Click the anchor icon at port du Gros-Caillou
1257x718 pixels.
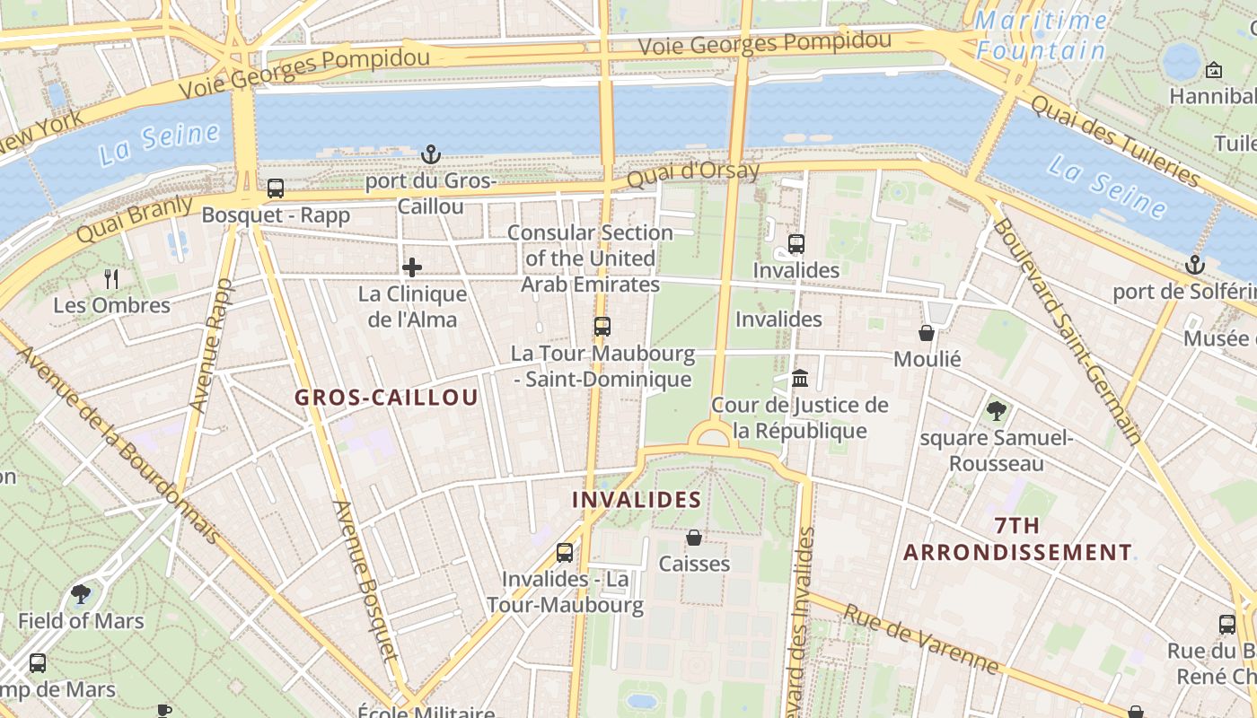(x=431, y=154)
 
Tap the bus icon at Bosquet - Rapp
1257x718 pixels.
(x=276, y=188)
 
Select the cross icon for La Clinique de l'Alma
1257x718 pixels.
(x=412, y=267)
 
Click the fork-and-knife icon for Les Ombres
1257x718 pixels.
(x=111, y=278)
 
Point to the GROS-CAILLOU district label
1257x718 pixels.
(x=386, y=398)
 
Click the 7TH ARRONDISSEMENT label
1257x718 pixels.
(x=1017, y=539)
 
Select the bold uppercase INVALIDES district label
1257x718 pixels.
(x=637, y=500)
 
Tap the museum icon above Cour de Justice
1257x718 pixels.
(x=800, y=378)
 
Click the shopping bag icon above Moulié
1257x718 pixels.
(x=927, y=333)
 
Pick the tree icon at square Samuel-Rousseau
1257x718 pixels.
(x=996, y=411)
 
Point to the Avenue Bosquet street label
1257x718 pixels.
(x=365, y=592)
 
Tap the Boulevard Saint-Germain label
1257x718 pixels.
(x=1066, y=332)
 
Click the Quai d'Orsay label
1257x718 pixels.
(x=692, y=173)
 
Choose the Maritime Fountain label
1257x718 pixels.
(x=1042, y=35)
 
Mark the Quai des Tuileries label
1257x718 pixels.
(x=1114, y=140)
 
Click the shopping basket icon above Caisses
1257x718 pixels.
(x=694, y=538)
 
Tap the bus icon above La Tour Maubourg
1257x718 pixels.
(x=602, y=327)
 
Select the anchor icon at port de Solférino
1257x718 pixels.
(x=1194, y=265)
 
